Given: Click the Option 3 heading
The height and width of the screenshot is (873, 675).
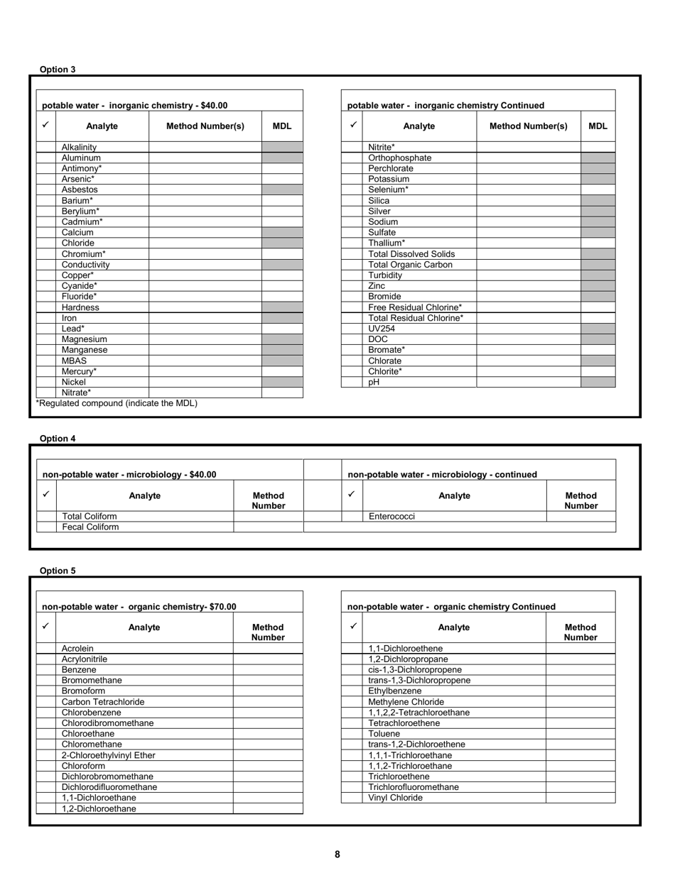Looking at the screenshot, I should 58,70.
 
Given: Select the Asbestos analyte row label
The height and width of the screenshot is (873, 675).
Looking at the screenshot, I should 80,190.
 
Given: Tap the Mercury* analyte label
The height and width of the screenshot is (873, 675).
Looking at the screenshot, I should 79,371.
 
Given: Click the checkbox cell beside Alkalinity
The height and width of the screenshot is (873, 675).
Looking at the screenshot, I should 46,147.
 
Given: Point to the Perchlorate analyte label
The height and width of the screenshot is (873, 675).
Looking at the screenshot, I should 390,169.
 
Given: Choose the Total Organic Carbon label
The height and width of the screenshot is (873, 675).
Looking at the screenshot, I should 410,265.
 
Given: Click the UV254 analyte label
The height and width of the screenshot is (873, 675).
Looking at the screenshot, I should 382,329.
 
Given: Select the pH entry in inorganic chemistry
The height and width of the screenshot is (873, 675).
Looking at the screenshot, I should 374,382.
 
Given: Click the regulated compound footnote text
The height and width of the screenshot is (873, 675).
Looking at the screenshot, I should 117,403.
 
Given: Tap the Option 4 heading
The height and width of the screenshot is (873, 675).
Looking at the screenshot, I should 58,439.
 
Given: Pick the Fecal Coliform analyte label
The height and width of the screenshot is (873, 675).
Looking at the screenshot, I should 90,527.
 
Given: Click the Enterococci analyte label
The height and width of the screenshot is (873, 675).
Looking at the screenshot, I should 391,517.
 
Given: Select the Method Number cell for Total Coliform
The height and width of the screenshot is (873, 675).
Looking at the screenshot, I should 268,517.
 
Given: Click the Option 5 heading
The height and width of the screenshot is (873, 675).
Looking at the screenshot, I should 58,571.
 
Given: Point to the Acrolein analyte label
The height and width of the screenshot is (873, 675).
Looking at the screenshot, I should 77,649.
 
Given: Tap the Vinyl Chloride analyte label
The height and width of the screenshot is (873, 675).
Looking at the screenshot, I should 395,798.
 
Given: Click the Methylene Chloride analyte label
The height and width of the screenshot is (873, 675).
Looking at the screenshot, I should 406,702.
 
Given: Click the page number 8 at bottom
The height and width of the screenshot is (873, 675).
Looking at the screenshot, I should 337,855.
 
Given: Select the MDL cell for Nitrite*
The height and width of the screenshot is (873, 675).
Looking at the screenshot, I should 598,147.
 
